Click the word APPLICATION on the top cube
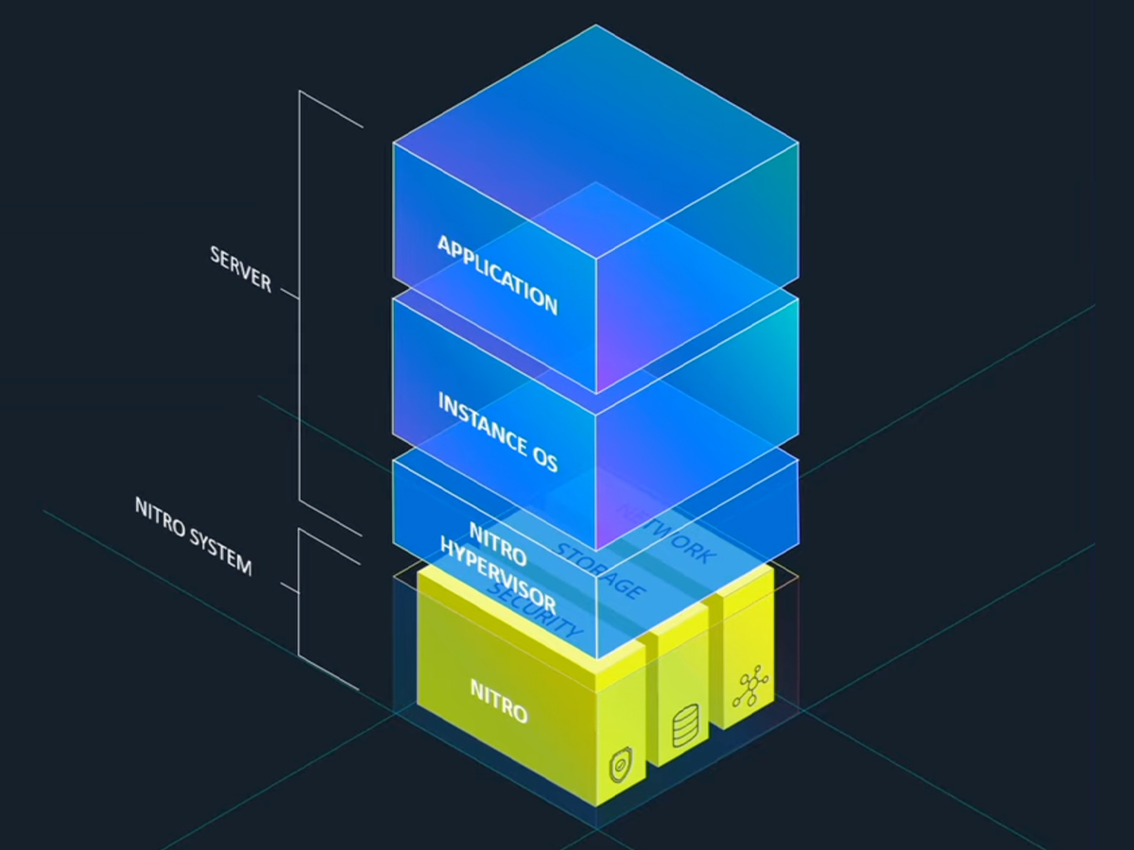497,274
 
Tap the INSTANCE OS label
497,432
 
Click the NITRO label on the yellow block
499,700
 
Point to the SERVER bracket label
241,269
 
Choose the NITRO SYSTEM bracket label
194,535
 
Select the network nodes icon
751,688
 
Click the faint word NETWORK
666,532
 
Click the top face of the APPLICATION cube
595,142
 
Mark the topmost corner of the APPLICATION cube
595,25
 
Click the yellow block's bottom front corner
595,806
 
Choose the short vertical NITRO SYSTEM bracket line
300,593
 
